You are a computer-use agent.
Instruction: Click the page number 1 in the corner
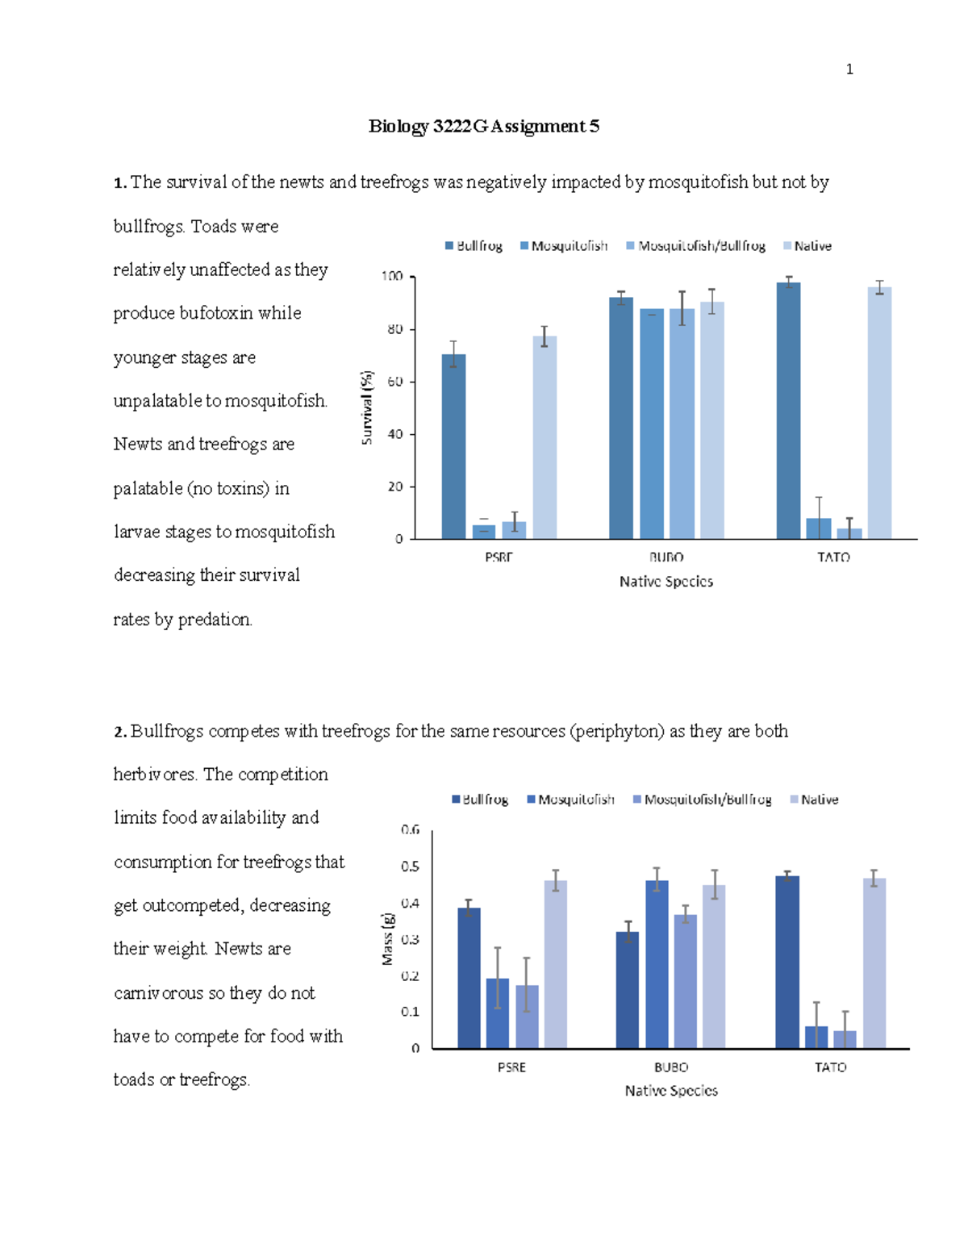(x=849, y=69)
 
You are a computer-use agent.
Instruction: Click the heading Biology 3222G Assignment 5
(x=483, y=126)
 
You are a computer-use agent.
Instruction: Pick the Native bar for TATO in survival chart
(x=879, y=412)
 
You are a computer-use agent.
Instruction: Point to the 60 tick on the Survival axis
(x=395, y=382)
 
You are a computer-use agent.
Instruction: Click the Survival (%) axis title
(x=367, y=407)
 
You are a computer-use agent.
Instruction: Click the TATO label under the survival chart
(x=833, y=557)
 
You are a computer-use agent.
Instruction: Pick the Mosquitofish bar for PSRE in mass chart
(x=498, y=1013)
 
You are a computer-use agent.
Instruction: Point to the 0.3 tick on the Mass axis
(x=411, y=940)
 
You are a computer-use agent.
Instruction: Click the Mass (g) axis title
(x=388, y=938)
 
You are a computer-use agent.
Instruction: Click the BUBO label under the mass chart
(x=671, y=1067)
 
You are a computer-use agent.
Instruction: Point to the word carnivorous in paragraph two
(x=159, y=992)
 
